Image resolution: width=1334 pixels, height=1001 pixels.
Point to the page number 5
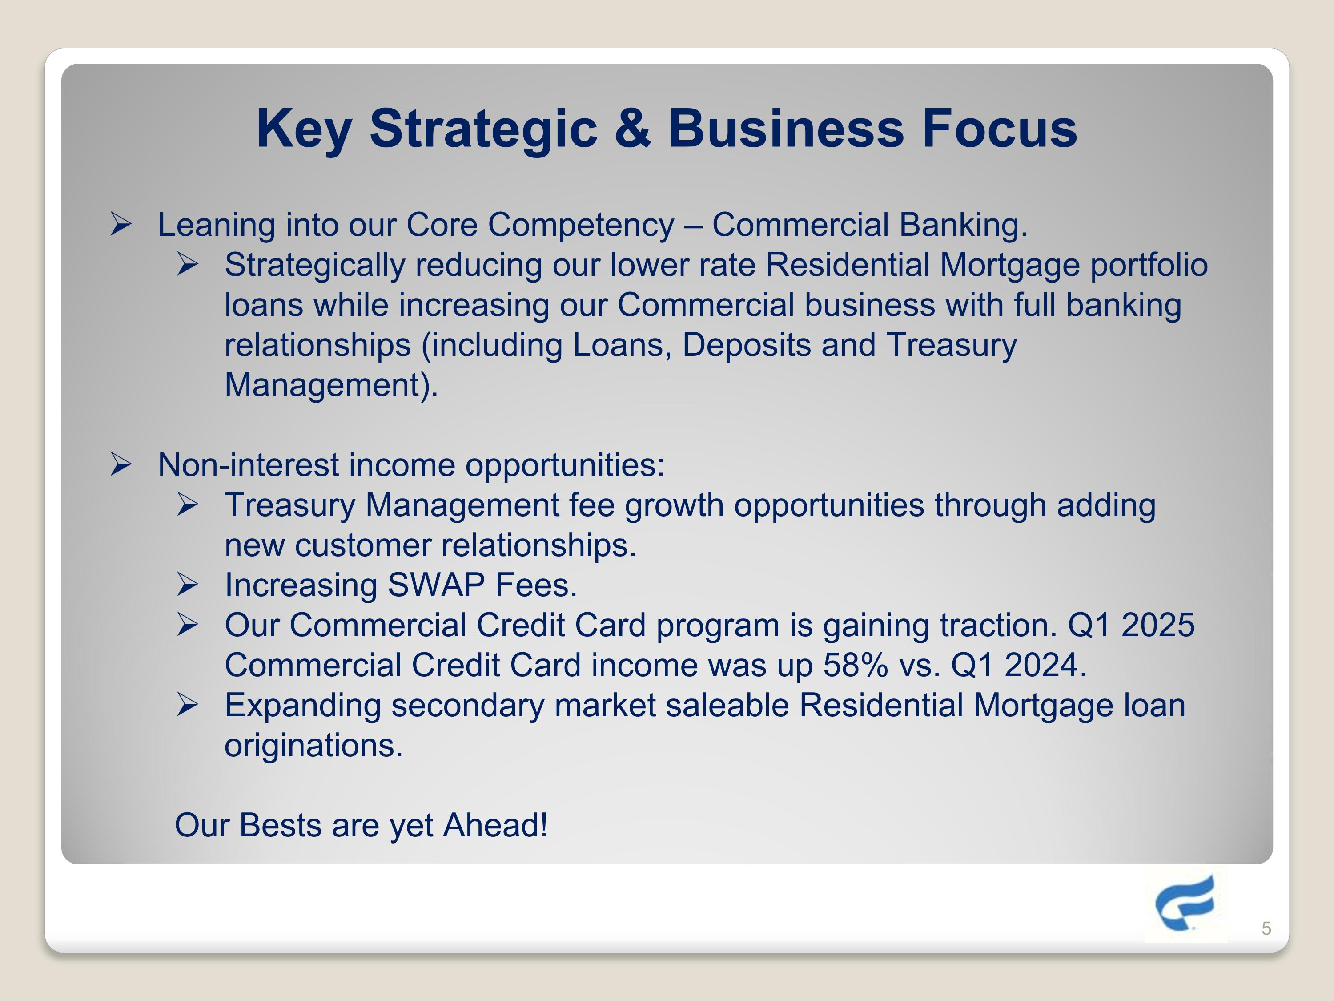click(x=1266, y=928)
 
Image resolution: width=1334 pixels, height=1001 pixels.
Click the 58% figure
click(x=855, y=665)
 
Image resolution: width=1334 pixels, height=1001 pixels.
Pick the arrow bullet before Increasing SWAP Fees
click(x=188, y=585)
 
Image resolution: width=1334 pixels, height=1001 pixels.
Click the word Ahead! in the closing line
click(x=495, y=825)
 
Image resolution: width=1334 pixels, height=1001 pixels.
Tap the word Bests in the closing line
click(x=281, y=825)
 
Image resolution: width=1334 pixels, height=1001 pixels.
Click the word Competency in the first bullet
click(x=581, y=225)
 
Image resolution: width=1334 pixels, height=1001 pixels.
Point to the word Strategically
click(x=314, y=265)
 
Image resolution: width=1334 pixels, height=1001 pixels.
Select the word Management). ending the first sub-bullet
click(x=331, y=384)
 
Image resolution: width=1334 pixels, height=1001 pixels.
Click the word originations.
click(x=313, y=745)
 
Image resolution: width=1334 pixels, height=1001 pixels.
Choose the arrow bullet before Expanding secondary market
click(x=188, y=705)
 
